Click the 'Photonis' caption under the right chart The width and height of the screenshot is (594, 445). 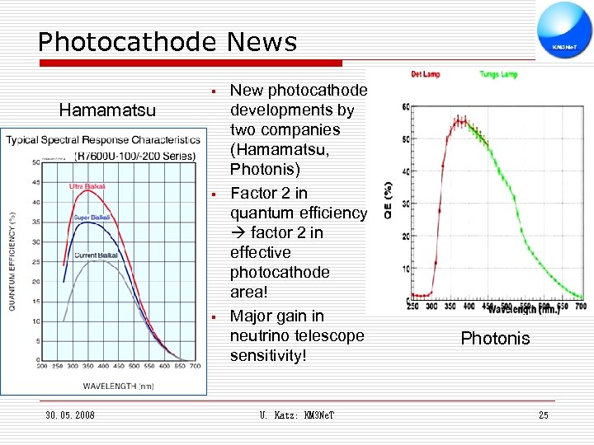(x=495, y=339)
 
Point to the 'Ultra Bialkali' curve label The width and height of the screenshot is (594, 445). (x=87, y=186)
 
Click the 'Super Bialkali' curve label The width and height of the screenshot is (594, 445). (x=92, y=218)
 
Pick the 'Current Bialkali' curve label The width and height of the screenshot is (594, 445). (x=97, y=255)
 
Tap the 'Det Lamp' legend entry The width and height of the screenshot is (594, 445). (x=426, y=74)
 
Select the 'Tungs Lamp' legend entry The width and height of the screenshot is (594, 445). (x=498, y=74)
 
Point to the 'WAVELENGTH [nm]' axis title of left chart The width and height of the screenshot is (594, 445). (x=118, y=385)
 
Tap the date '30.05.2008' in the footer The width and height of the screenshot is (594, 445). (x=70, y=415)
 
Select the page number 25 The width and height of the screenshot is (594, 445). (x=543, y=415)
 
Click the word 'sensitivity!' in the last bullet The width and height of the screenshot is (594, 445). (x=268, y=355)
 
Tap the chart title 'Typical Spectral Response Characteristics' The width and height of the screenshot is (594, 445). (x=103, y=139)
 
